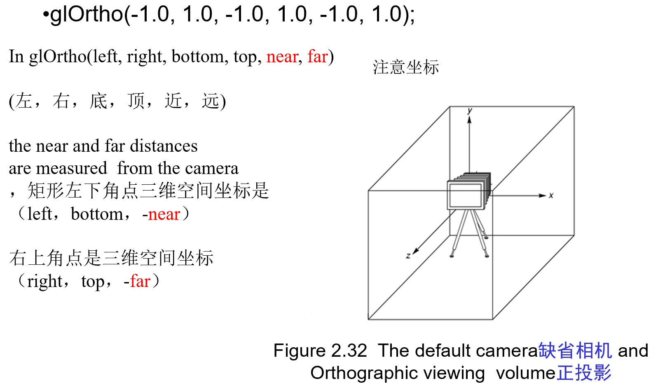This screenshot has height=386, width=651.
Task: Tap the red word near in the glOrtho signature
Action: pos(282,57)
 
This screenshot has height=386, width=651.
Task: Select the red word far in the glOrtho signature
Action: pos(317,57)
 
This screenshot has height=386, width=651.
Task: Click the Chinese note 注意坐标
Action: pos(406,67)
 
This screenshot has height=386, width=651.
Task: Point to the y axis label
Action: pos(470,110)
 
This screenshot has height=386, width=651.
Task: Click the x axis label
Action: pos(551,195)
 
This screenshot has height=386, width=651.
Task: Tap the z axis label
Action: pos(408,256)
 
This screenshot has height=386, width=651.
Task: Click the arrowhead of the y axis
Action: pos(469,119)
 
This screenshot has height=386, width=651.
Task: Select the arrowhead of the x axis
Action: pos(543,195)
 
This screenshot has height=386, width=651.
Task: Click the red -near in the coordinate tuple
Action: pos(162,214)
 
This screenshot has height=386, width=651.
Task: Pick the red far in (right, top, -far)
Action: pos(140,282)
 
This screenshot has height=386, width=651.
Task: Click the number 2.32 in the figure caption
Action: pos(349,351)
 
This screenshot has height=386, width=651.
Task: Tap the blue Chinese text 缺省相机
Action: pos(575,351)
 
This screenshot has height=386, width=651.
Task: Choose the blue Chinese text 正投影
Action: pos(584,373)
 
